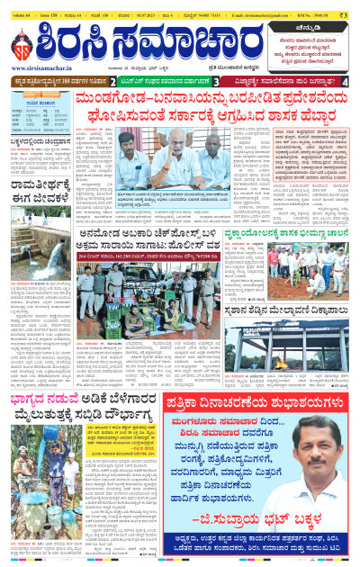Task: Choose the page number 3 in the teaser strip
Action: pyautogui.click(x=216, y=82)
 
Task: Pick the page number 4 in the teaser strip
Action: pyautogui.click(x=346, y=82)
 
